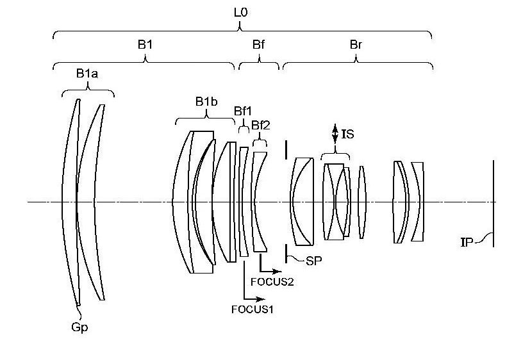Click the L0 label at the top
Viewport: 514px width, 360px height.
pos(240,13)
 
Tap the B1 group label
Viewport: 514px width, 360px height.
pos(145,44)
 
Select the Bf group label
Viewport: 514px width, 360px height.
pos(258,44)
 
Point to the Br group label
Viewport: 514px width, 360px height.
pos(356,44)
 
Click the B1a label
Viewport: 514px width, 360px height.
pos(87,74)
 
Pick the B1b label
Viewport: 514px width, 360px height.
pos(206,102)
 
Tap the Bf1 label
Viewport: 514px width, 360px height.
pos(242,111)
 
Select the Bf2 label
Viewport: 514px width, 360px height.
pos(261,125)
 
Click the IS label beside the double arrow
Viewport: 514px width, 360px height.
pos(347,134)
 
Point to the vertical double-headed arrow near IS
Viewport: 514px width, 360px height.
pos(335,134)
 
